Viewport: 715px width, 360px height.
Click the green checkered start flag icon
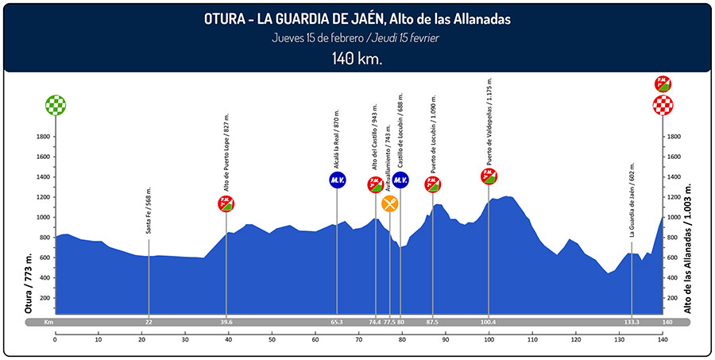[56, 105]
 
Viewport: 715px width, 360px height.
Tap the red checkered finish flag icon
[663, 105]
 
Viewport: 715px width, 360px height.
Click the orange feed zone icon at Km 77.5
[389, 203]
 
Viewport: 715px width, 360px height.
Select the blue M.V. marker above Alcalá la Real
[337, 180]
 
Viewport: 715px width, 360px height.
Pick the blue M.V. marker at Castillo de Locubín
[400, 180]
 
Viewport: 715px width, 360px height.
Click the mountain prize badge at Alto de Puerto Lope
[226, 203]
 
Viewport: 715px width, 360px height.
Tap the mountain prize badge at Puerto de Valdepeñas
[489, 176]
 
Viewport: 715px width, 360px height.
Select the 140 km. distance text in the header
[357, 59]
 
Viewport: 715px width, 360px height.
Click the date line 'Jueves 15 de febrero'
[318, 38]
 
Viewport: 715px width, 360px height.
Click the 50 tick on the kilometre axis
[272, 339]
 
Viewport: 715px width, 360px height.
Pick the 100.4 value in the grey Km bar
[488, 322]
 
